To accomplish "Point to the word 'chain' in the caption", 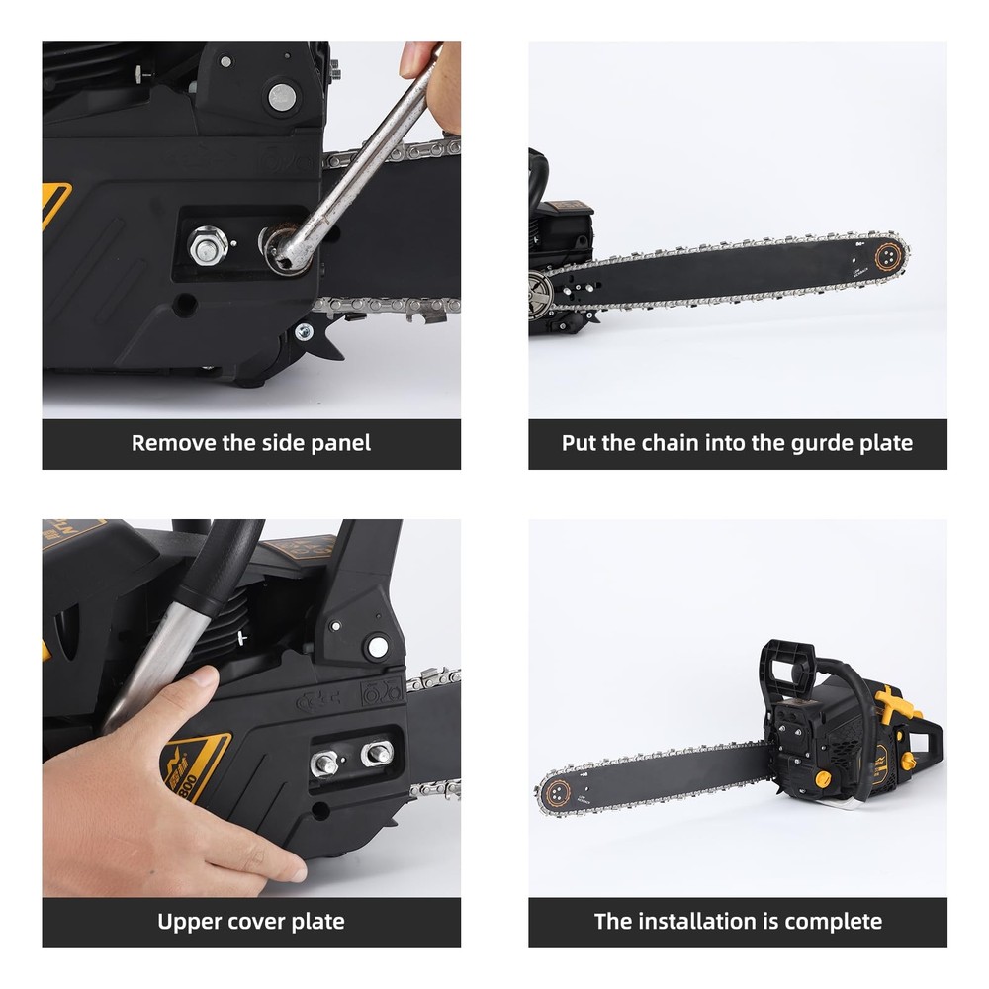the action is pyautogui.click(x=670, y=443).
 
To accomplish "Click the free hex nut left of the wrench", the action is pyautogui.click(x=208, y=246).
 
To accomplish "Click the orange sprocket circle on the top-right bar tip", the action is pyautogui.click(x=888, y=257).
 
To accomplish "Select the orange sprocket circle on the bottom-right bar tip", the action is pyautogui.click(x=558, y=793).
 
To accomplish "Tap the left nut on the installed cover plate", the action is pyautogui.click(x=324, y=764).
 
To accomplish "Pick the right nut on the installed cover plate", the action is pyautogui.click(x=377, y=753).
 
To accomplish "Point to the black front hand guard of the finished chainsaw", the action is pyautogui.click(x=787, y=670).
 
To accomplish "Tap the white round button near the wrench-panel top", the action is pyautogui.click(x=282, y=97).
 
